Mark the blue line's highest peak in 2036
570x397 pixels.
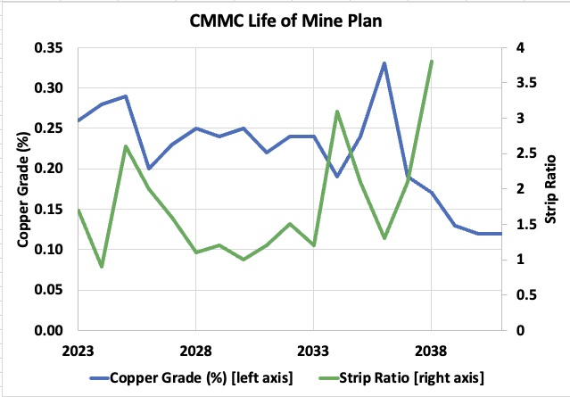tap(384, 63)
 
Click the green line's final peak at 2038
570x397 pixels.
tap(432, 62)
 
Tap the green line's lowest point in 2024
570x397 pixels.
tap(102, 267)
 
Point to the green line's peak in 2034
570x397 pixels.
tap(337, 112)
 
